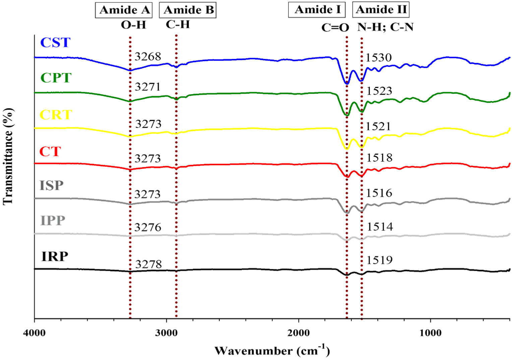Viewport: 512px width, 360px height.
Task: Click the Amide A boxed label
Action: point(124,10)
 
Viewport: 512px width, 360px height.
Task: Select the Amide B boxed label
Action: point(188,10)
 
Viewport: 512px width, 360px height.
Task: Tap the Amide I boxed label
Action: point(317,10)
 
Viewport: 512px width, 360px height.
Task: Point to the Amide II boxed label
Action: point(381,10)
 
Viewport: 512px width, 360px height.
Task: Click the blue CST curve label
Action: point(55,43)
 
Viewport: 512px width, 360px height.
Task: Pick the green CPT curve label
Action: point(56,78)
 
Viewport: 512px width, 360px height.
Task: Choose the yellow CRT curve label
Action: point(56,115)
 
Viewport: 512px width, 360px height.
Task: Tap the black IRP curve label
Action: point(55,256)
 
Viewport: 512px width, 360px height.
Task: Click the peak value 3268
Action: point(148,56)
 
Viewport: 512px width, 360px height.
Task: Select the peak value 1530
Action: point(378,58)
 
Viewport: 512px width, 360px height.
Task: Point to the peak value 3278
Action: point(148,264)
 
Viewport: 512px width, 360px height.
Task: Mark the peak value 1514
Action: point(380,227)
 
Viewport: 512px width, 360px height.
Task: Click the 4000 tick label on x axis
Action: point(34,333)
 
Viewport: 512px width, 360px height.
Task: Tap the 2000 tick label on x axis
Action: point(299,333)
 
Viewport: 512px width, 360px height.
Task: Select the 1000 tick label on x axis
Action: point(431,333)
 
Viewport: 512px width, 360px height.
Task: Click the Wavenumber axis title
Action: point(272,351)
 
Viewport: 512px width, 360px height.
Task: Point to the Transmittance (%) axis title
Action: point(8,156)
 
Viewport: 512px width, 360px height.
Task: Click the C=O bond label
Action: point(335,27)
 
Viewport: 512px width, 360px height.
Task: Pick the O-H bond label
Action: point(133,25)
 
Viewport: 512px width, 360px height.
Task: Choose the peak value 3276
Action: point(148,227)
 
